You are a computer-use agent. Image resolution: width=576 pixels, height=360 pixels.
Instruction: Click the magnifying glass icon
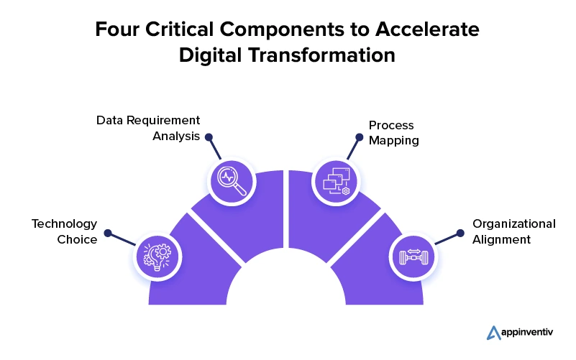tap(232, 181)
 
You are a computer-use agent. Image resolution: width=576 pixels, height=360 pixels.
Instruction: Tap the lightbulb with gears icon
tap(157, 257)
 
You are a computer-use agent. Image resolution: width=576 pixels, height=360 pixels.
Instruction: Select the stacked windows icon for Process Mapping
tap(337, 181)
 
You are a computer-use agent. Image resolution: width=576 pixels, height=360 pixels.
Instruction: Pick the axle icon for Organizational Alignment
tap(413, 257)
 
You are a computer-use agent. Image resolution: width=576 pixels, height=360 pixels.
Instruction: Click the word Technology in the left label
tap(64, 223)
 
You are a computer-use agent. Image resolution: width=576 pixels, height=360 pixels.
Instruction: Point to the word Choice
tap(77, 239)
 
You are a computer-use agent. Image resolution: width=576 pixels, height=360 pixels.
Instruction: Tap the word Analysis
tap(176, 136)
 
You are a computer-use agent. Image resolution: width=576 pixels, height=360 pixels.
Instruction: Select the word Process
tap(391, 125)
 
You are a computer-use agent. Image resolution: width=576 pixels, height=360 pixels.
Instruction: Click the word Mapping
tap(394, 141)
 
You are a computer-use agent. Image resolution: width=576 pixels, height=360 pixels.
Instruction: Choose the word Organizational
tap(514, 224)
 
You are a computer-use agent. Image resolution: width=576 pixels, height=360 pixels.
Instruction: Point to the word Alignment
tap(501, 239)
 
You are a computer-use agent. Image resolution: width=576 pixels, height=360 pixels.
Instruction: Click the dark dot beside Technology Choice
tap(108, 233)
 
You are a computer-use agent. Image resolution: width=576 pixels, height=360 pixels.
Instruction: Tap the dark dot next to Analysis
tap(209, 137)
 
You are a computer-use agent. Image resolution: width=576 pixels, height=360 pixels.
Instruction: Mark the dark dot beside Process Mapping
tap(360, 137)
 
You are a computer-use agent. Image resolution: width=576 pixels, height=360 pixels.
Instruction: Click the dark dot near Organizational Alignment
tap(460, 233)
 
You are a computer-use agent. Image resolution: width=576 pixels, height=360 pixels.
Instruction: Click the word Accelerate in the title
tap(427, 29)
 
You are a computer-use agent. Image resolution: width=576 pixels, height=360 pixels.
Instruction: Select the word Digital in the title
tap(210, 55)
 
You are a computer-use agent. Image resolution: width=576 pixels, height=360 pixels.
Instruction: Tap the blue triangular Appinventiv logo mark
tap(493, 333)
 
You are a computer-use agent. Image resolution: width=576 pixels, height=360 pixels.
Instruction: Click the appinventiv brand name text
tap(527, 333)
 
